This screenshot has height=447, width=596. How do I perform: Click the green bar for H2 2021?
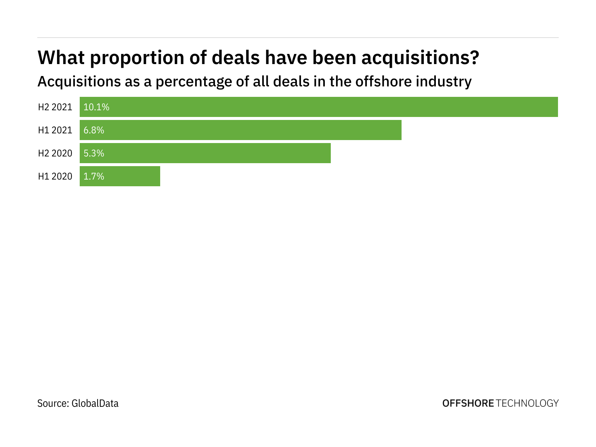coord(319,107)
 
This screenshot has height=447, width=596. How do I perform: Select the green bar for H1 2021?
coord(241,130)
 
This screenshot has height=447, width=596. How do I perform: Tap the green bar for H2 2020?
coord(205,153)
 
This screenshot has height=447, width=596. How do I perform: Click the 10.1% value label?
coord(96,107)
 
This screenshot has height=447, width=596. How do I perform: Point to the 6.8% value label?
coord(94,130)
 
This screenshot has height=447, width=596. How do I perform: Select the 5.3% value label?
coord(94,153)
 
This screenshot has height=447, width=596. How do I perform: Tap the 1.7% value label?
coord(94,177)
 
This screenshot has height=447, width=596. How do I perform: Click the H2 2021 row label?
coord(55,107)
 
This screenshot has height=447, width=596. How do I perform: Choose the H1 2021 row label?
coord(55,130)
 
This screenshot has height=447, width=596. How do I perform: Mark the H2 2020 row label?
coord(55,153)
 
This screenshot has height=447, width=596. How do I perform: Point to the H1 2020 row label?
coord(55,177)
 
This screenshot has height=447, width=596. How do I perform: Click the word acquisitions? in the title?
coord(420,58)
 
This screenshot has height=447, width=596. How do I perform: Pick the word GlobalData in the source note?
coord(95,403)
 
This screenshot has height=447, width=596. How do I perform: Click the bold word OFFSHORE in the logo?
coord(468,403)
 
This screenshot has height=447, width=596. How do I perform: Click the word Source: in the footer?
coord(53,403)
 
